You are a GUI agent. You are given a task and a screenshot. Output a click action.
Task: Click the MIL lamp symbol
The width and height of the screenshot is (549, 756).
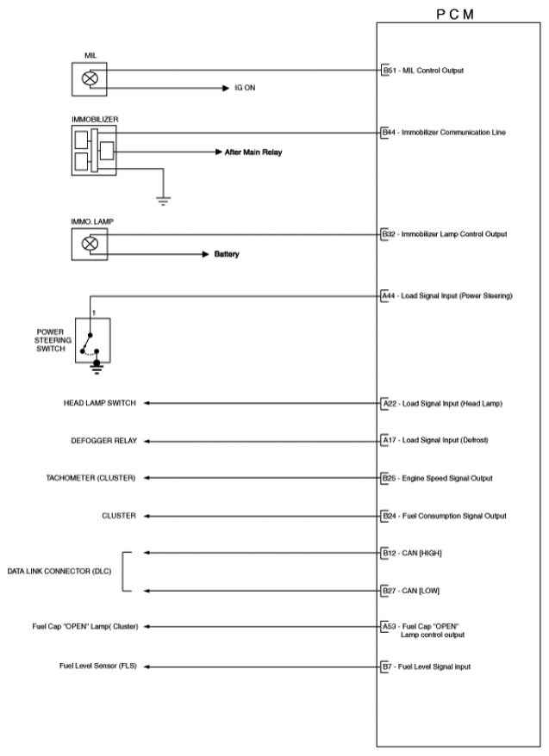tap(89, 78)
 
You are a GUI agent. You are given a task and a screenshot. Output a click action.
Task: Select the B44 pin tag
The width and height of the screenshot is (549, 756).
tap(388, 133)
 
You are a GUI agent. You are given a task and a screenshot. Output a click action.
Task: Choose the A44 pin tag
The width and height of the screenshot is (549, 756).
tap(388, 295)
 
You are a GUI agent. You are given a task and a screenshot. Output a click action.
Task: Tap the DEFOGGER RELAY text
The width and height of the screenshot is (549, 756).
tap(103, 440)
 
